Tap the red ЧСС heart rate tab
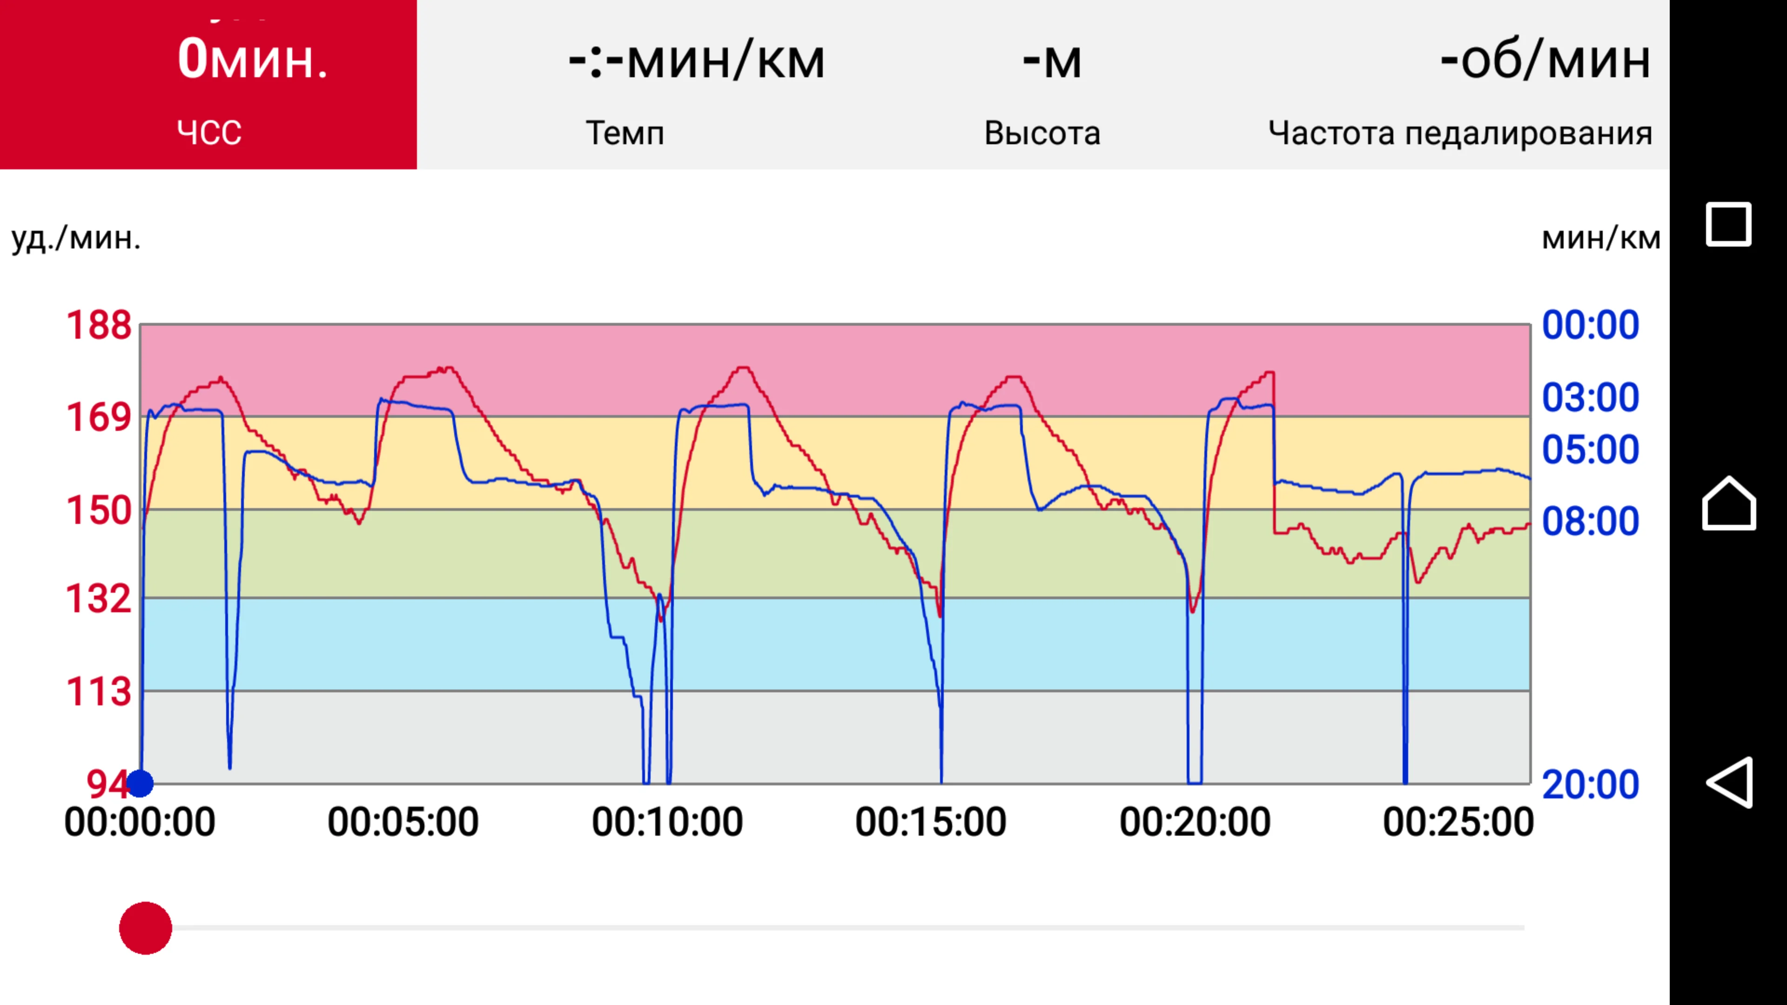208,85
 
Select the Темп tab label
625,133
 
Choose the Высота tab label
1042,133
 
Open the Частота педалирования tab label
1459,133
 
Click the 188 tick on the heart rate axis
99,325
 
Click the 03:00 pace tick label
1590,397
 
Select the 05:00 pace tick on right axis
1590,449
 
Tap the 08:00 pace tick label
1590,521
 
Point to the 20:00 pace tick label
1590,784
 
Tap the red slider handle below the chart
146,928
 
